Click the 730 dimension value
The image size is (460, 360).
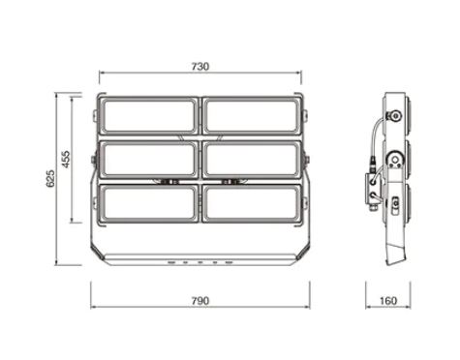[x=200, y=67]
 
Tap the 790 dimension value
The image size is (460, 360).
[x=200, y=301]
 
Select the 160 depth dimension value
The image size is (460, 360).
[x=388, y=301]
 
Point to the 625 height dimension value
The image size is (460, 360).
[x=50, y=178]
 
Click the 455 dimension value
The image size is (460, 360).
[x=66, y=159]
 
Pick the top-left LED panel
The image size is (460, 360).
[x=148, y=116]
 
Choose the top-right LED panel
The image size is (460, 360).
[x=253, y=116]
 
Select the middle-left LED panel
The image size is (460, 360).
[x=148, y=160]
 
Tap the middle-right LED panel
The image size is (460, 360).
[x=253, y=160]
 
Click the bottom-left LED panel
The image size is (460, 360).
[x=148, y=203]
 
